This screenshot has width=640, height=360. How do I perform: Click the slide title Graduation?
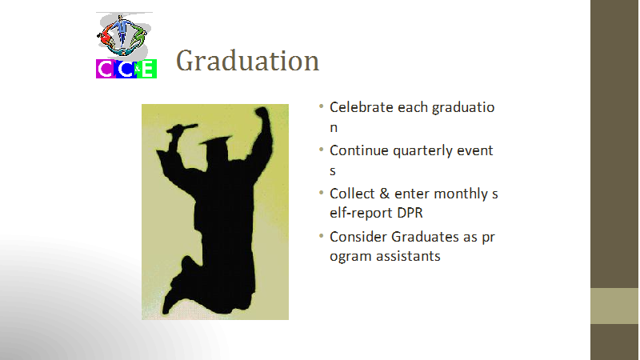[x=247, y=62]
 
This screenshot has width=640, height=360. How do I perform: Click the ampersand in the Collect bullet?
[x=385, y=194]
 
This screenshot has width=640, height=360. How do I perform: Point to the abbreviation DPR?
[x=410, y=213]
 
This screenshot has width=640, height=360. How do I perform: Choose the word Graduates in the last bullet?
[x=425, y=237]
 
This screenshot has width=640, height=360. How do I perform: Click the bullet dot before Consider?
[x=322, y=235]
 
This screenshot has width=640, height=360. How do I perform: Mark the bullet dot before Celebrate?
[x=322, y=106]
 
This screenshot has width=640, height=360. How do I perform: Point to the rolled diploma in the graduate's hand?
[x=182, y=129]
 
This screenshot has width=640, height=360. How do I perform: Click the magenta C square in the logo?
[x=106, y=69]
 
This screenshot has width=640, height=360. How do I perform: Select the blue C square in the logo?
[x=126, y=69]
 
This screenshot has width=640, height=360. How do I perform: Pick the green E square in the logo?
[x=148, y=69]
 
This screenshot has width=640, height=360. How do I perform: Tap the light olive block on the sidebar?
[x=614, y=306]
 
